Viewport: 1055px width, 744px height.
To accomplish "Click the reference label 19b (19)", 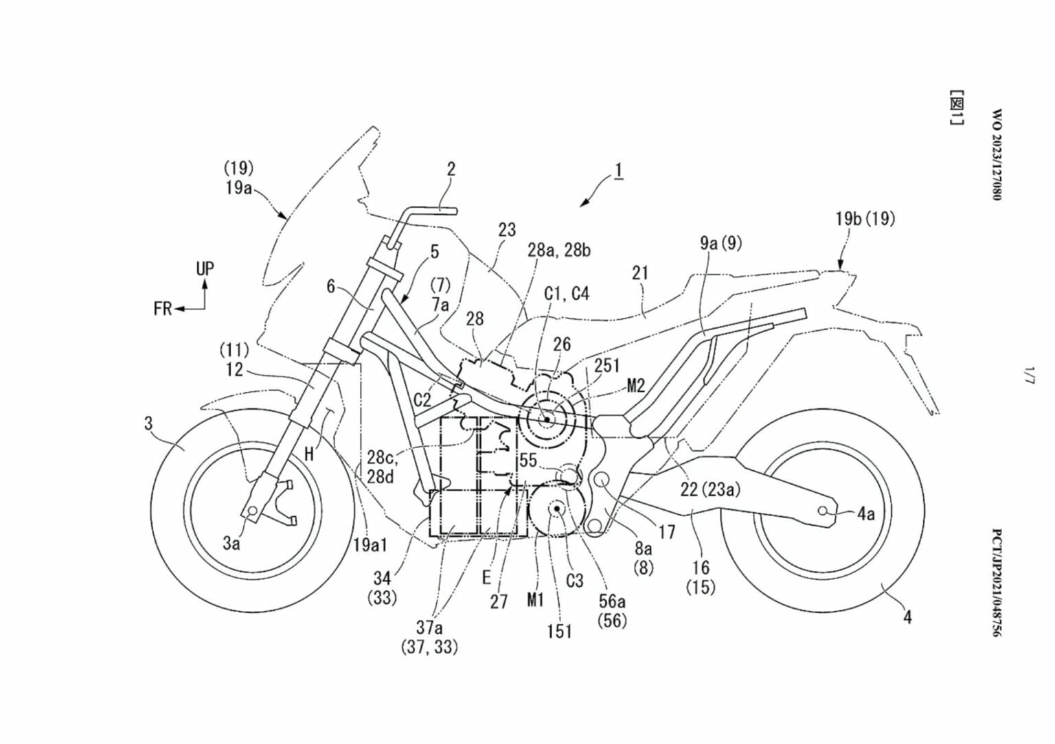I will (865, 219).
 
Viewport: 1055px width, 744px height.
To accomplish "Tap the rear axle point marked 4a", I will (822, 511).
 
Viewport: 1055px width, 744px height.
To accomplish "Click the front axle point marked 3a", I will (252, 512).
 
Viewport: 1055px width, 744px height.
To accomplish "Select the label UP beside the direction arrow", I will (205, 268).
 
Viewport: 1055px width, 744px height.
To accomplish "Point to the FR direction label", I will (162, 309).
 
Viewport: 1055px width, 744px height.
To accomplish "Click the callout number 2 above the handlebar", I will (451, 168).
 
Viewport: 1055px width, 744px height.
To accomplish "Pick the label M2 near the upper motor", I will (636, 386).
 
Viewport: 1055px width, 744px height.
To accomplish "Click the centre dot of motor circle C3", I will (555, 509).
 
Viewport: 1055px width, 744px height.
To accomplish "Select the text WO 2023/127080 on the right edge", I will (997, 154).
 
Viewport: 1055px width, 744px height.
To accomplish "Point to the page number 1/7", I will (1028, 375).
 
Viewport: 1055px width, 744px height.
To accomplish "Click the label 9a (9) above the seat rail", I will (721, 242).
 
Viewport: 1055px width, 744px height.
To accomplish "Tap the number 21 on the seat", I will (640, 273).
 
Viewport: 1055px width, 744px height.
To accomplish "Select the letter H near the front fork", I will (310, 453).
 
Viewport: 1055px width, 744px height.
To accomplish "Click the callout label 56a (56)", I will (612, 610).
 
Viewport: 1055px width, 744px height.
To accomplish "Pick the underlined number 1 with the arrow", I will (618, 170).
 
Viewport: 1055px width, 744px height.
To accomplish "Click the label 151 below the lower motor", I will (559, 631).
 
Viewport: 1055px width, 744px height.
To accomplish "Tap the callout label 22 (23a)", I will (710, 489).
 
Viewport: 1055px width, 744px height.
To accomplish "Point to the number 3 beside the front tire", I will (148, 423).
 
